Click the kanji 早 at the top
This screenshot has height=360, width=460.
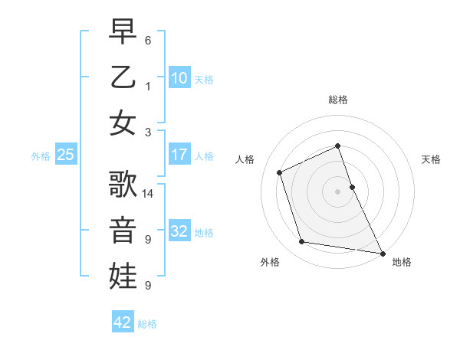[123, 32]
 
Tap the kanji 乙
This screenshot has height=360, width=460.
[123, 77]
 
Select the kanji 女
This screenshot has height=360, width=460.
[123, 122]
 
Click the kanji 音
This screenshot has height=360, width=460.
[123, 231]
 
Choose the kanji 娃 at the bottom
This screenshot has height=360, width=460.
[123, 276]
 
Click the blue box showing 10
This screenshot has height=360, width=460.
[179, 77]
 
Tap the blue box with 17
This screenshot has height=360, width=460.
[179, 155]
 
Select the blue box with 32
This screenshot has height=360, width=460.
[179, 231]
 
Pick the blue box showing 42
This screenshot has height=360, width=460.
[123, 322]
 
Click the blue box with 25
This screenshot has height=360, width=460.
[65, 155]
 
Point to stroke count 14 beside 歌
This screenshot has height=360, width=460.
[149, 193]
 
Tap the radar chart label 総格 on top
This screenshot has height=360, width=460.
[338, 100]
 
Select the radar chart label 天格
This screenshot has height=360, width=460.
[431, 159]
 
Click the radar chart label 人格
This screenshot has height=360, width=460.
[245, 159]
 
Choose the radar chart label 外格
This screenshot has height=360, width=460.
[270, 263]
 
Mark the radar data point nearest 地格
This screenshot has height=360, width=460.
[381, 252]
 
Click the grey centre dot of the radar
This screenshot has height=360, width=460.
[337, 191]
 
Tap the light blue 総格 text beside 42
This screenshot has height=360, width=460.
[147, 324]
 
